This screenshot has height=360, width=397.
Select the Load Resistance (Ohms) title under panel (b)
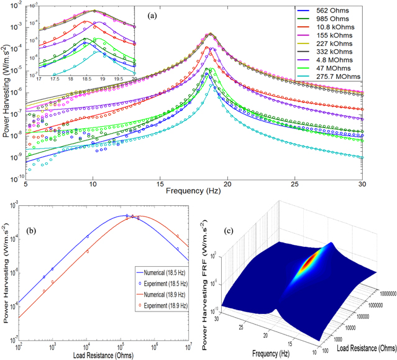coord(101,353)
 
